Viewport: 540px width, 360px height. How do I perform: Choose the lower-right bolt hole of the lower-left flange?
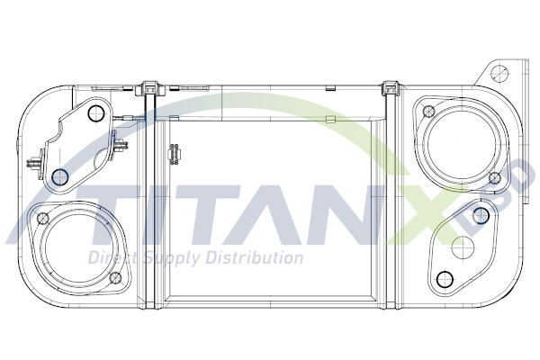point(113,278)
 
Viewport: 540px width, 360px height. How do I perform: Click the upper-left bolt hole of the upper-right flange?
point(428,112)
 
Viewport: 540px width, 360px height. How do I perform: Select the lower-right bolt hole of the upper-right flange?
point(494,176)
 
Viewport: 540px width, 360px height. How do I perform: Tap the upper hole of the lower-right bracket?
point(481,215)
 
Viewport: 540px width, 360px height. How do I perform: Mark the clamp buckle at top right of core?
point(390,88)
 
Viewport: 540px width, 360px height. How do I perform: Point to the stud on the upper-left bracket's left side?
point(33,165)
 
